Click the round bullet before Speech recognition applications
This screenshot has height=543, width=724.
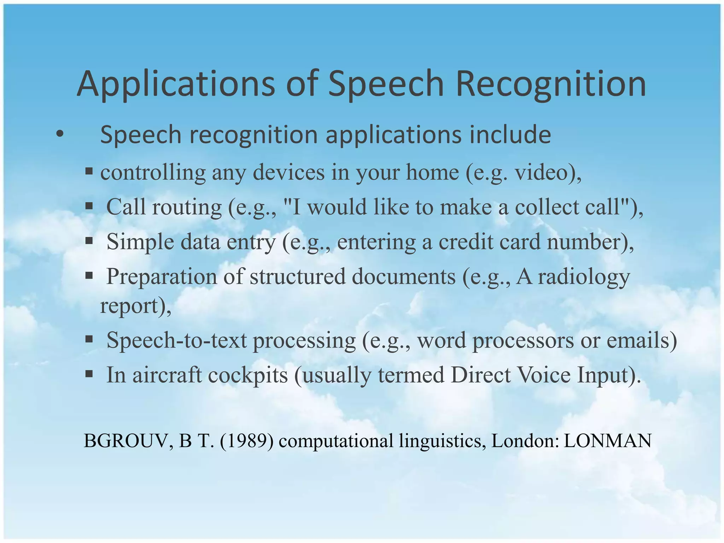tap(60, 134)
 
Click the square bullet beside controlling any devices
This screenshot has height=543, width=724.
tap(89, 172)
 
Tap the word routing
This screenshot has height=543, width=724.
tap(187, 207)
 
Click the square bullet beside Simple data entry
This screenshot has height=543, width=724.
tap(89, 241)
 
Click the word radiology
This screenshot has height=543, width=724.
tap(584, 276)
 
